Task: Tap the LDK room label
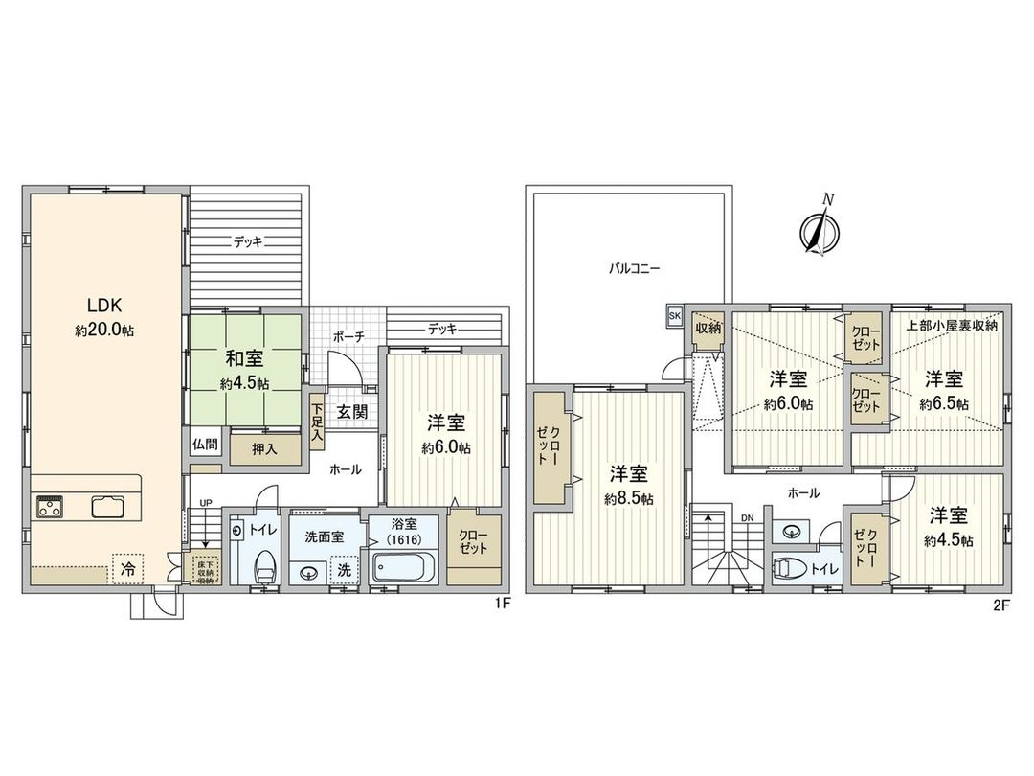point(102,306)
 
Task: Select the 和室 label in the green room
point(245,361)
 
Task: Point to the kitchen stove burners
point(50,507)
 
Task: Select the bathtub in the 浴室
point(403,569)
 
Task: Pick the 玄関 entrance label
point(351,413)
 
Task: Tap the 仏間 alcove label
point(204,445)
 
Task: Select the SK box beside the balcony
point(674,314)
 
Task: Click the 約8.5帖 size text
point(629,498)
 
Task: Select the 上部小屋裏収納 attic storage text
point(952,326)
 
